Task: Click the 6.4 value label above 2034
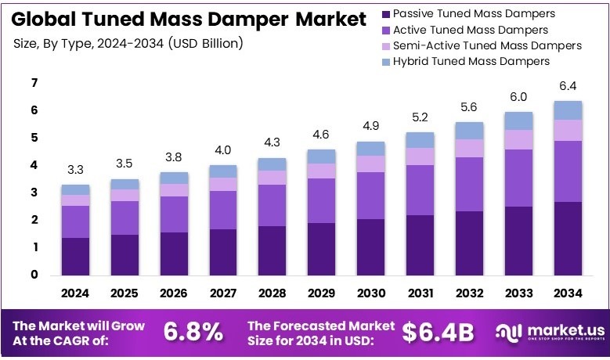pyautogui.click(x=568, y=86)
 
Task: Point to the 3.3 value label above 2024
pyautogui.click(x=76, y=169)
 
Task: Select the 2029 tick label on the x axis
pyautogui.click(x=321, y=293)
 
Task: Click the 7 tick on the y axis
pyautogui.click(x=34, y=83)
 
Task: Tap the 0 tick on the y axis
pyautogui.click(x=34, y=275)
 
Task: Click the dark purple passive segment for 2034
pyautogui.click(x=568, y=238)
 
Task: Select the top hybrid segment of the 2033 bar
pyautogui.click(x=518, y=121)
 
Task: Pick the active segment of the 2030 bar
pyautogui.click(x=370, y=196)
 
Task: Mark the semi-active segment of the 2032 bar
pyautogui.click(x=469, y=148)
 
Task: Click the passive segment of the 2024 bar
pyautogui.click(x=76, y=256)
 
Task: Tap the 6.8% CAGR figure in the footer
pyautogui.click(x=193, y=332)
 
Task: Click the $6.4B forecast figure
pyautogui.click(x=439, y=332)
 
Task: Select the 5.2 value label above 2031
pyautogui.click(x=420, y=117)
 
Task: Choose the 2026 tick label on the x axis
pyautogui.click(x=174, y=293)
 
